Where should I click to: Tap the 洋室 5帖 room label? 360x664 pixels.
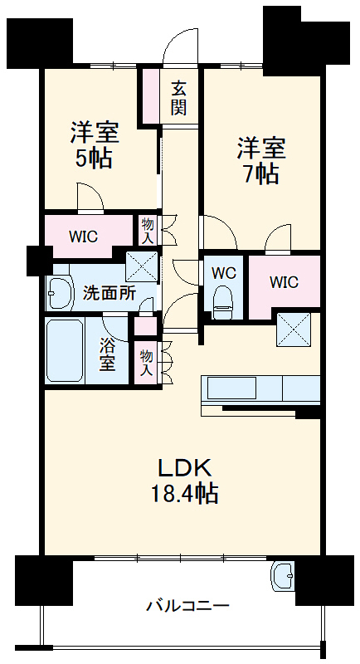[x=94, y=144]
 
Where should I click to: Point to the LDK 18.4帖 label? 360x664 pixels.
[x=183, y=481]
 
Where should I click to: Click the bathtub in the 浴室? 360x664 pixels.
[x=64, y=349]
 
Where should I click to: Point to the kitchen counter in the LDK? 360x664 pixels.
[x=260, y=388]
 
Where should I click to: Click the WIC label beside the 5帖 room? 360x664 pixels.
[x=83, y=236]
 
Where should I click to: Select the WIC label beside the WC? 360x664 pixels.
[x=284, y=281]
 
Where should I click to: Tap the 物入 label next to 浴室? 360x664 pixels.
[x=147, y=363]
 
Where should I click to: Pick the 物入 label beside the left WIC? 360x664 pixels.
[x=148, y=230]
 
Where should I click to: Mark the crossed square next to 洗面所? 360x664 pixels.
[x=141, y=266]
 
